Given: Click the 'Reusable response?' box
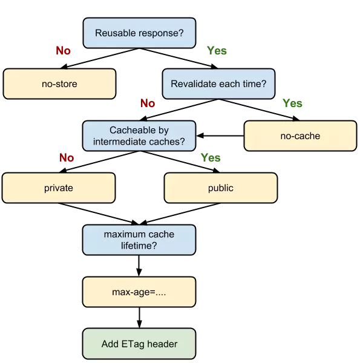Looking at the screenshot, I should [x=139, y=33].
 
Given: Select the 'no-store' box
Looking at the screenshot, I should [x=59, y=84].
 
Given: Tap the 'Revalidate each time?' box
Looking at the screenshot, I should [x=218, y=84].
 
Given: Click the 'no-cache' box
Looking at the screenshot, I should [x=300, y=136].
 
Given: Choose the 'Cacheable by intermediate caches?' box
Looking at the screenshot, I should [x=139, y=136].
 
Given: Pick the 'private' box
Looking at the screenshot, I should [x=59, y=188].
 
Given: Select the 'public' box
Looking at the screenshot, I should [x=220, y=188].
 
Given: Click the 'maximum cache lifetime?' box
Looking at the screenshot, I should [x=139, y=240].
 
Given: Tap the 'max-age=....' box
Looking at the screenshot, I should [x=139, y=292].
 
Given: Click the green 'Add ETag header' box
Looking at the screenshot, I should [x=139, y=344].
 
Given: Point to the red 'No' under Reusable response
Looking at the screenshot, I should [x=63, y=51].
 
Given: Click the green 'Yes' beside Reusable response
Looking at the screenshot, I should [x=217, y=51].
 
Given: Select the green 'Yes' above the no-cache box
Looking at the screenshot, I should [x=292, y=103].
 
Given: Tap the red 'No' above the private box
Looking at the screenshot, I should [x=67, y=158].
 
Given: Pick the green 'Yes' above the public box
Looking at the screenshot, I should [x=211, y=158].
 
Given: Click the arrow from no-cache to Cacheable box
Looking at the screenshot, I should [x=220, y=136].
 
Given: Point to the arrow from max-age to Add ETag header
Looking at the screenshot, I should [x=139, y=318].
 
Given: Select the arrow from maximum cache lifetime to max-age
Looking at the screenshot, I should [x=139, y=266].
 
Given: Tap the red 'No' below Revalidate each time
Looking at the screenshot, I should [x=148, y=103].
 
